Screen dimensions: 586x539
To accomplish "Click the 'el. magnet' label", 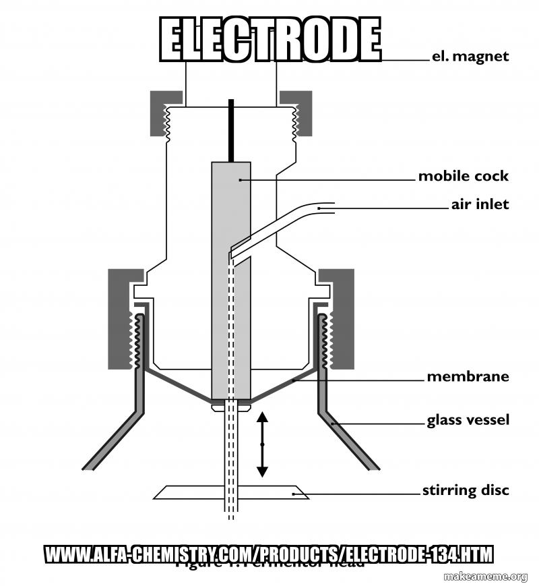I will click(x=470, y=57).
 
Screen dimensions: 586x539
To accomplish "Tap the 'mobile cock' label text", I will click(x=463, y=176).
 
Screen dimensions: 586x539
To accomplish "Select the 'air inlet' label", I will click(x=480, y=204).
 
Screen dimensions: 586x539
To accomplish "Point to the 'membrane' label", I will click(x=468, y=376).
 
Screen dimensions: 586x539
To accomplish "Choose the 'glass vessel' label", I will click(x=468, y=420).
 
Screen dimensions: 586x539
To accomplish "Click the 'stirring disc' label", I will click(x=466, y=490).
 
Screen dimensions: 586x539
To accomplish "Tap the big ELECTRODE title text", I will click(x=270, y=38).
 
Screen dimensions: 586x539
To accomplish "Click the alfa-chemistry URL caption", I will click(x=269, y=554).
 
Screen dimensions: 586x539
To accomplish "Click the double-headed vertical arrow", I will click(x=262, y=444).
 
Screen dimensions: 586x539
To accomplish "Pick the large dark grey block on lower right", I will click(x=342, y=317).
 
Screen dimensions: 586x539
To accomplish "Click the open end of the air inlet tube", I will click(x=331, y=208).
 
